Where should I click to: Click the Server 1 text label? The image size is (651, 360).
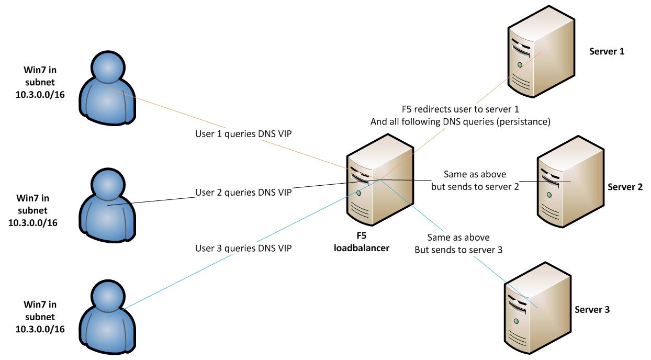[x=607, y=51]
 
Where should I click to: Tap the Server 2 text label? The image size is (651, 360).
[x=625, y=187]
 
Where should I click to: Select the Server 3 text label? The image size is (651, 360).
[x=592, y=310]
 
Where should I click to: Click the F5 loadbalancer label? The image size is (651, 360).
[x=361, y=243]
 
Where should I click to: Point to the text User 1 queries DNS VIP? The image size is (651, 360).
[x=243, y=134]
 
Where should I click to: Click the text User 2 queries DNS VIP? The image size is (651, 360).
[x=243, y=192]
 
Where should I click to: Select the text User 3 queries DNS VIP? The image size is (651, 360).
[x=243, y=248]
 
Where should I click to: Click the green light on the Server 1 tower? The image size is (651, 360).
[x=520, y=65]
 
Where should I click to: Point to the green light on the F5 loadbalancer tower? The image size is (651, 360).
[x=359, y=193]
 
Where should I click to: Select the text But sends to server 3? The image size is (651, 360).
[x=458, y=250]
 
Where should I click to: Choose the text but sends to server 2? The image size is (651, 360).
[x=475, y=187]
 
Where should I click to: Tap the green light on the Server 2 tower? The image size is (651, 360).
[x=549, y=195]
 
